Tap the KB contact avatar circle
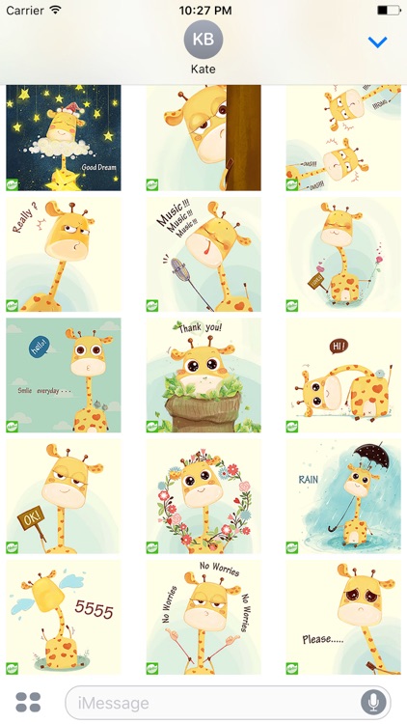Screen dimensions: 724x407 tap(203, 40)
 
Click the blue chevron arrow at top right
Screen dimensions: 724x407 tap(377, 42)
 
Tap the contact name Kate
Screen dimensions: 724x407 tap(203, 70)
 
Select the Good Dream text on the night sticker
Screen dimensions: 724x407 tap(99, 167)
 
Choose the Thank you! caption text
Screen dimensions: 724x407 tap(200, 328)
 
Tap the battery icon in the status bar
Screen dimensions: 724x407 tap(388, 9)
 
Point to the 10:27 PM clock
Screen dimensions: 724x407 tap(203, 9)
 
